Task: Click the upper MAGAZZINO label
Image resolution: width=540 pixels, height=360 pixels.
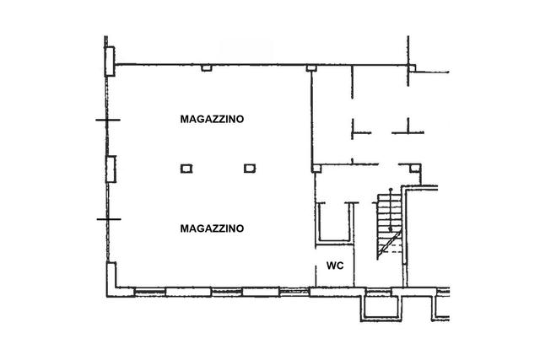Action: pos(212,119)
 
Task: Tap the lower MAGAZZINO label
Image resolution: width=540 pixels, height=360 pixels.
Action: pos(212,228)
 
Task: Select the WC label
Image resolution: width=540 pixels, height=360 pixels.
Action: pos(335,266)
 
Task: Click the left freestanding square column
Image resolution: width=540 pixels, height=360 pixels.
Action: pos(186,169)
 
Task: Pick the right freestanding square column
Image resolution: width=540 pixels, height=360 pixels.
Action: pos(250,168)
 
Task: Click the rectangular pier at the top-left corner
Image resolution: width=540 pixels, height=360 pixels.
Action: pos(110,62)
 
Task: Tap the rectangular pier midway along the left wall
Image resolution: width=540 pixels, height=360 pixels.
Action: pos(111,169)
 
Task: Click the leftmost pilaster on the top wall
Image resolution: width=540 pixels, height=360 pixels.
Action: pos(206,67)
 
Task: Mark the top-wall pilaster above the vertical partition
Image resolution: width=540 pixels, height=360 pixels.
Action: pos(311,67)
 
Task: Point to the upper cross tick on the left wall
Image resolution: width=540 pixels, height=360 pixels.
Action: pos(108,120)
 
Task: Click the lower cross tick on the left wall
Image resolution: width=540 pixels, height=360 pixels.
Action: pos(109,219)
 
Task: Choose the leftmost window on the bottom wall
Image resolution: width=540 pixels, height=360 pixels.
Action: pos(150,293)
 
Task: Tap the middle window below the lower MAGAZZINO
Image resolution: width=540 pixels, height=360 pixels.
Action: pos(227,292)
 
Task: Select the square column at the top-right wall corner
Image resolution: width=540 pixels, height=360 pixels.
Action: pos(412,67)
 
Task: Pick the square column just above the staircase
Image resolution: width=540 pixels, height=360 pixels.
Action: pos(415,169)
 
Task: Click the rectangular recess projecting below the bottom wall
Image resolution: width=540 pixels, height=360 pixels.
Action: pos(381,309)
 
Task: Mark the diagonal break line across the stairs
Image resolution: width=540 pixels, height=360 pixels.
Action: pos(389,244)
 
